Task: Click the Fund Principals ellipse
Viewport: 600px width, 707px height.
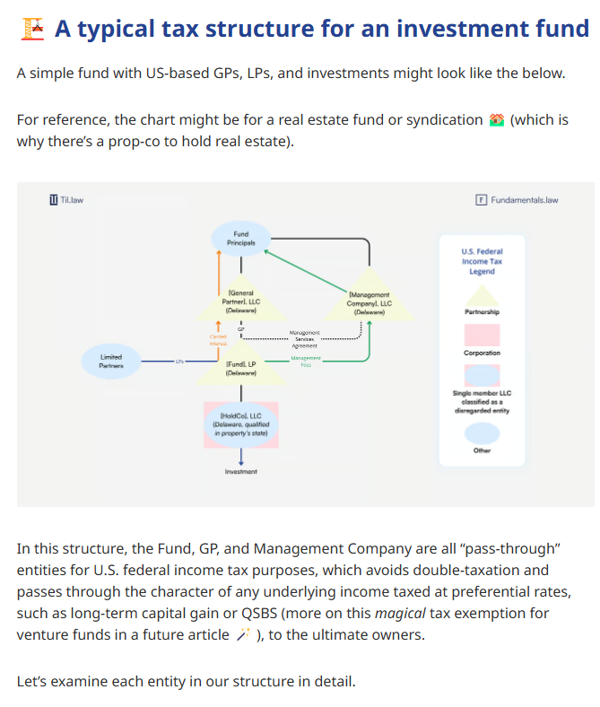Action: click(x=240, y=239)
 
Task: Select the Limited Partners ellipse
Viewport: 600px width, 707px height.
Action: click(x=111, y=361)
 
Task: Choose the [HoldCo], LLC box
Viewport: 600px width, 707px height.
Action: click(x=240, y=424)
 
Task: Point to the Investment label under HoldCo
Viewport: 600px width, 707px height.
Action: click(x=240, y=471)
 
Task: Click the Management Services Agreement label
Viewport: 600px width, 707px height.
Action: click(x=305, y=339)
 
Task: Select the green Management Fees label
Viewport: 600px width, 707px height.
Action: click(x=305, y=361)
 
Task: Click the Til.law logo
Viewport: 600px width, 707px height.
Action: click(x=67, y=199)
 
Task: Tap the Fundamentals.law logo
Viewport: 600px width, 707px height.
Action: click(x=517, y=199)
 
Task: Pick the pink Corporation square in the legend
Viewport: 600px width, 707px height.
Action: click(x=482, y=335)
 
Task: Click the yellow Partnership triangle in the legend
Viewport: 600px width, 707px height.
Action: click(x=482, y=296)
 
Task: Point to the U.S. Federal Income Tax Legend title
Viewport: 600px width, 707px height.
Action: click(x=482, y=261)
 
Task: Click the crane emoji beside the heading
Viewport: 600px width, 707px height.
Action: click(x=31, y=30)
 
